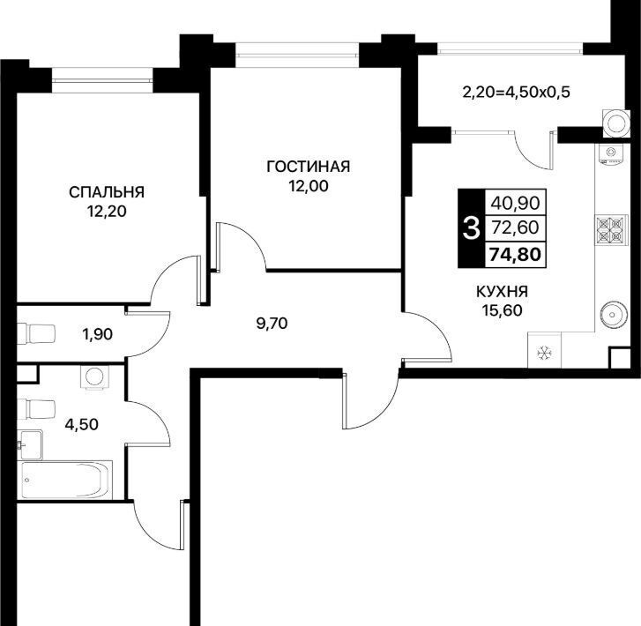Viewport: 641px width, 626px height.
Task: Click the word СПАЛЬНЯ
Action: (x=107, y=192)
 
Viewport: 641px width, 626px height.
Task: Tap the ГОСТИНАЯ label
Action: (x=309, y=167)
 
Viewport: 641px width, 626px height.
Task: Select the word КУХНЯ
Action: (x=502, y=292)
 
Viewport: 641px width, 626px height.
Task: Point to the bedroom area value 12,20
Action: (x=107, y=212)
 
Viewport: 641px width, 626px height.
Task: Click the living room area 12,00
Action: (x=309, y=186)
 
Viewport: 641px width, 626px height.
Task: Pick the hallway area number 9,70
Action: (x=272, y=324)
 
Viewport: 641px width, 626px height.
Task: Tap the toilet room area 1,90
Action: (x=97, y=334)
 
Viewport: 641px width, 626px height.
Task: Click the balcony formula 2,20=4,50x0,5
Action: (x=516, y=93)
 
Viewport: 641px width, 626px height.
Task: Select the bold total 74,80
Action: (x=515, y=254)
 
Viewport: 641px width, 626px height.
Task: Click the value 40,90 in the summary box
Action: (x=515, y=203)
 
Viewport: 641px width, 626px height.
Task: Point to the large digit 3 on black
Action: (x=471, y=228)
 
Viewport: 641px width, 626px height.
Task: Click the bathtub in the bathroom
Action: (x=65, y=480)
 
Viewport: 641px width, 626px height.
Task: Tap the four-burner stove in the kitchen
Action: (x=611, y=230)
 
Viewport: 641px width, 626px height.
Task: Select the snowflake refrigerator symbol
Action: (x=544, y=353)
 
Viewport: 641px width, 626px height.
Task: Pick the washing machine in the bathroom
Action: (x=95, y=376)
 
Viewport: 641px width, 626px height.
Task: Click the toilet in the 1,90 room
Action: (x=36, y=334)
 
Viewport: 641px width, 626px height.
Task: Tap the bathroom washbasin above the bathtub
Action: (x=29, y=444)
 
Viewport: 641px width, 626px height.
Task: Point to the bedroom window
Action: (x=102, y=80)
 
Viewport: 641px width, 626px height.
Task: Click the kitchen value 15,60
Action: (x=502, y=310)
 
